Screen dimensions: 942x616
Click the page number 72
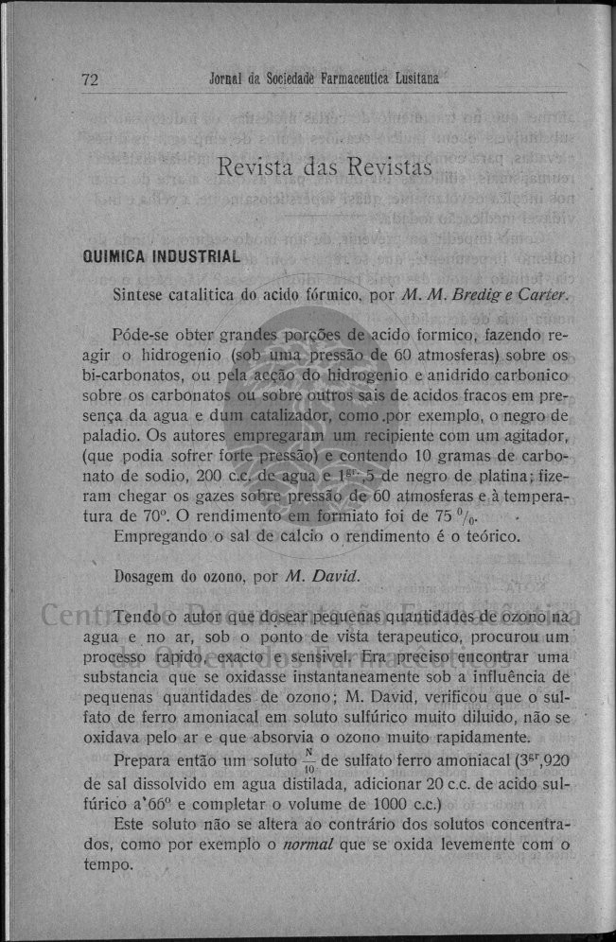(x=91, y=80)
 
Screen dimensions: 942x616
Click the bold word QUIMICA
(x=117, y=257)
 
